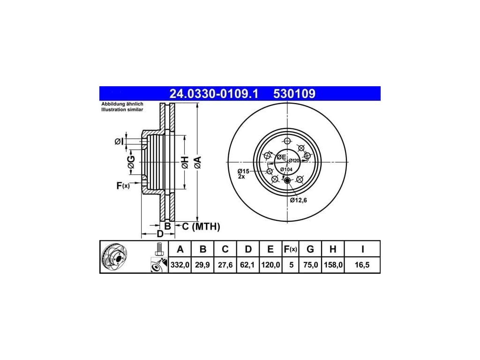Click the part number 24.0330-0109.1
point(214,94)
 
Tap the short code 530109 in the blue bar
point(294,94)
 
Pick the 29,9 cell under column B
point(202,264)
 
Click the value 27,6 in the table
point(225,264)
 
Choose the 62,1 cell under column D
point(247,264)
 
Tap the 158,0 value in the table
point(333,264)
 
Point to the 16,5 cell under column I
point(362,264)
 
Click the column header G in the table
point(310,249)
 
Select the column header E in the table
point(270,249)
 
